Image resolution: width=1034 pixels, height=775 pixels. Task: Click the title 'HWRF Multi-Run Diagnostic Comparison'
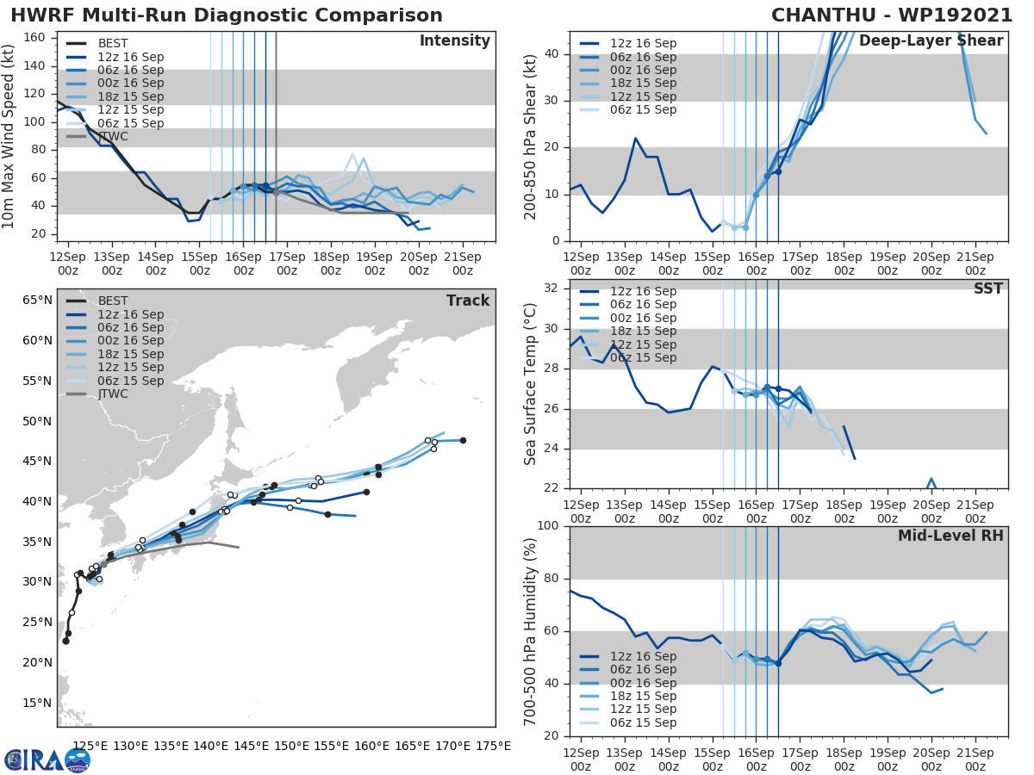227,15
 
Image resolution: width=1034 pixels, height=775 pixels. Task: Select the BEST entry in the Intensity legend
112,43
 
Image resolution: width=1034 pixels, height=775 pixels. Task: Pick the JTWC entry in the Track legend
112,394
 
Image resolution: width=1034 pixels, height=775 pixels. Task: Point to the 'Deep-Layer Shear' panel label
931,41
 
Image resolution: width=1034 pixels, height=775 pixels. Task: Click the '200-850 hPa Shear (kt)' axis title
531,136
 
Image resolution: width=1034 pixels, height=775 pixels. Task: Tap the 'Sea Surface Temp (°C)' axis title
531,384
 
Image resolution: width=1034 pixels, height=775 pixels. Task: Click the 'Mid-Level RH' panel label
950,536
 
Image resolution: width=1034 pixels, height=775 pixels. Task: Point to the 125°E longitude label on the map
90,746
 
